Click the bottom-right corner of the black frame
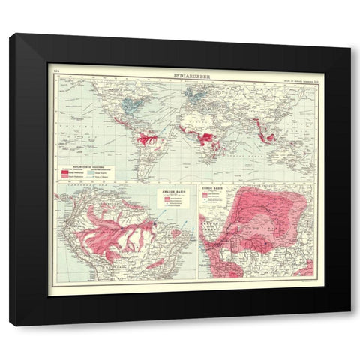point(349,324)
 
